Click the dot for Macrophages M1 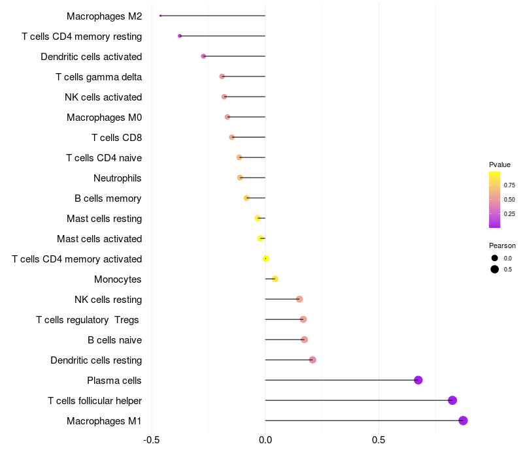[x=463, y=420]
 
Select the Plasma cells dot [x=418, y=380]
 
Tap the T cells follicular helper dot [x=452, y=400]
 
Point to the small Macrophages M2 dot [x=160, y=16]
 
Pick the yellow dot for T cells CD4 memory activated [x=266, y=259]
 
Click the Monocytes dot [x=275, y=279]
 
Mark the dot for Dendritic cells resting [x=312, y=360]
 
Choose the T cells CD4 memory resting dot [x=180, y=36]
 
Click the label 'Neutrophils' [x=118, y=178]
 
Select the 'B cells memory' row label [x=109, y=198]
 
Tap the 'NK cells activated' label [x=103, y=97]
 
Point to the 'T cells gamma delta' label [x=99, y=77]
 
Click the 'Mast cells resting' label [x=105, y=219]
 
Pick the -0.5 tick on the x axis [x=152, y=441]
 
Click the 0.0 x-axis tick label [x=265, y=441]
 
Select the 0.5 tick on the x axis [x=379, y=441]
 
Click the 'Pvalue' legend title [x=499, y=165]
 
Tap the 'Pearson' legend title [x=502, y=245]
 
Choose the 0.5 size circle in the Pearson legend [x=495, y=269]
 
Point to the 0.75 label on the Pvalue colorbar [x=509, y=185]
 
